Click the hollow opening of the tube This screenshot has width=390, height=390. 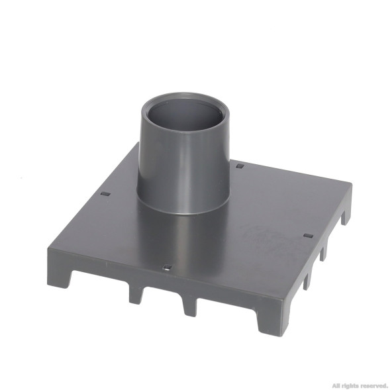click(185, 115)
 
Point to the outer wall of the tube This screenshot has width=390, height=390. click(184, 171)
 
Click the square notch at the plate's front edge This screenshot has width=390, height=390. click(167, 268)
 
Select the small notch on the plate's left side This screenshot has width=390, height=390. click(106, 194)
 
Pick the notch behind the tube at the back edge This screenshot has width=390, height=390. click(240, 166)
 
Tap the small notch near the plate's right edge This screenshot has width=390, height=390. click(308, 236)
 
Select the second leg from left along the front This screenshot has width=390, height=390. click(136, 295)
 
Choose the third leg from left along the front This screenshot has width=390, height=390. click(190, 307)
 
